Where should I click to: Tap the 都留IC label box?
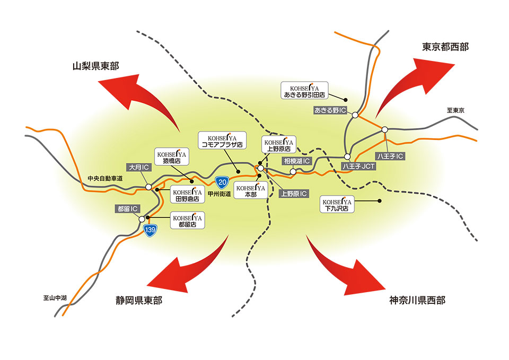tap(127, 209)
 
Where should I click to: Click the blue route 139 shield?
tap(151, 230)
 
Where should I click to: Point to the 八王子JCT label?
tap(358, 166)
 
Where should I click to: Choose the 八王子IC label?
tap(390, 156)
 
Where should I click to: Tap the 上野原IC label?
tap(293, 194)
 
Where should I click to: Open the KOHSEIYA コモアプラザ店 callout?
tap(221, 139)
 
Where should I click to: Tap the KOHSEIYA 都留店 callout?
tap(187, 221)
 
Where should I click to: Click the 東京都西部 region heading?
tap(445, 47)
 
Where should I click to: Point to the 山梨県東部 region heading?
tap(95, 66)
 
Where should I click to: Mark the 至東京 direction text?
tap(455, 111)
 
